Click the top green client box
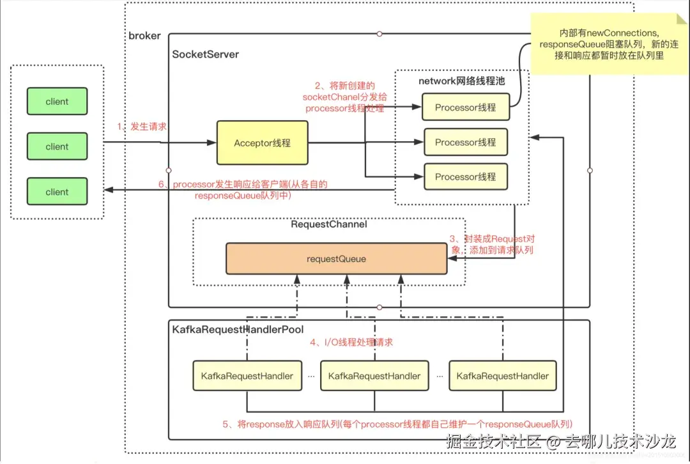point(57,101)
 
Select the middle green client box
point(57,146)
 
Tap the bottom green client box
point(57,192)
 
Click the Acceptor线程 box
point(262,143)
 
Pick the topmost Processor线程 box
point(465,107)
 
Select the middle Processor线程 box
point(465,142)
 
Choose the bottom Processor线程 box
point(465,176)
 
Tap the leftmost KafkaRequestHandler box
point(247,376)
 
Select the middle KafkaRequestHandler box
point(374,376)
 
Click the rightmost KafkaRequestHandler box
point(502,376)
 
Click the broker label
point(145,36)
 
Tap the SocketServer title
point(206,54)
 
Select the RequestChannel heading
point(329,224)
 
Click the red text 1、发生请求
point(142,127)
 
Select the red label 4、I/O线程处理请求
point(351,343)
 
